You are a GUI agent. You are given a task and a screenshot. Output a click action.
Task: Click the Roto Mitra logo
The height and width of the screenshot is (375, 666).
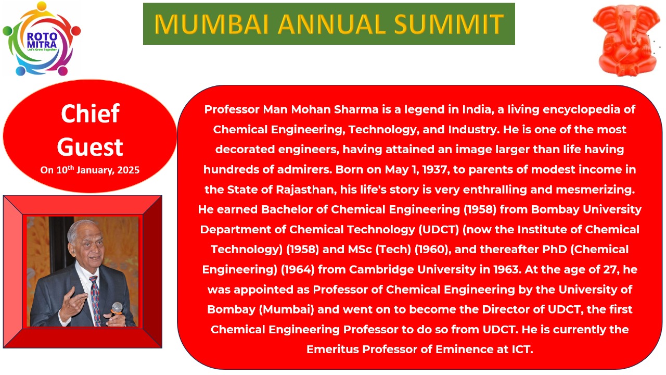pos(42,39)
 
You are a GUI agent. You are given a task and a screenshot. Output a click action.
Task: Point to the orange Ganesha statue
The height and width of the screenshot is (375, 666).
pos(625,41)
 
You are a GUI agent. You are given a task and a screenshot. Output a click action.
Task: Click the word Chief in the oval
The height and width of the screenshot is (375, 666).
pos(90,114)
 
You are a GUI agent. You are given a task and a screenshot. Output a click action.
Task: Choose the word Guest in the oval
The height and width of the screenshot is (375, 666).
pos(90,147)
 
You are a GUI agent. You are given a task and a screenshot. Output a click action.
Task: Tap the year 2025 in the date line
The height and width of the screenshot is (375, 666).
pos(128,170)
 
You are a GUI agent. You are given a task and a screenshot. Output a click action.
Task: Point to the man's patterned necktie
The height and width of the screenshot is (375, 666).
pos(95,301)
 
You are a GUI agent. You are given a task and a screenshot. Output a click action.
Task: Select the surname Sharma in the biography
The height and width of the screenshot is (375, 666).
pos(356,109)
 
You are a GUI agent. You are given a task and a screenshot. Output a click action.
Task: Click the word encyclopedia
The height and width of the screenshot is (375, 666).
pos(580,110)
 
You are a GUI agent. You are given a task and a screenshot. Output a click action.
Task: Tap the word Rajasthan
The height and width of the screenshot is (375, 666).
pos(306,190)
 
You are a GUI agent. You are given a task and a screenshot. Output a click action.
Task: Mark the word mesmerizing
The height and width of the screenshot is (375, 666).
pos(595,190)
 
